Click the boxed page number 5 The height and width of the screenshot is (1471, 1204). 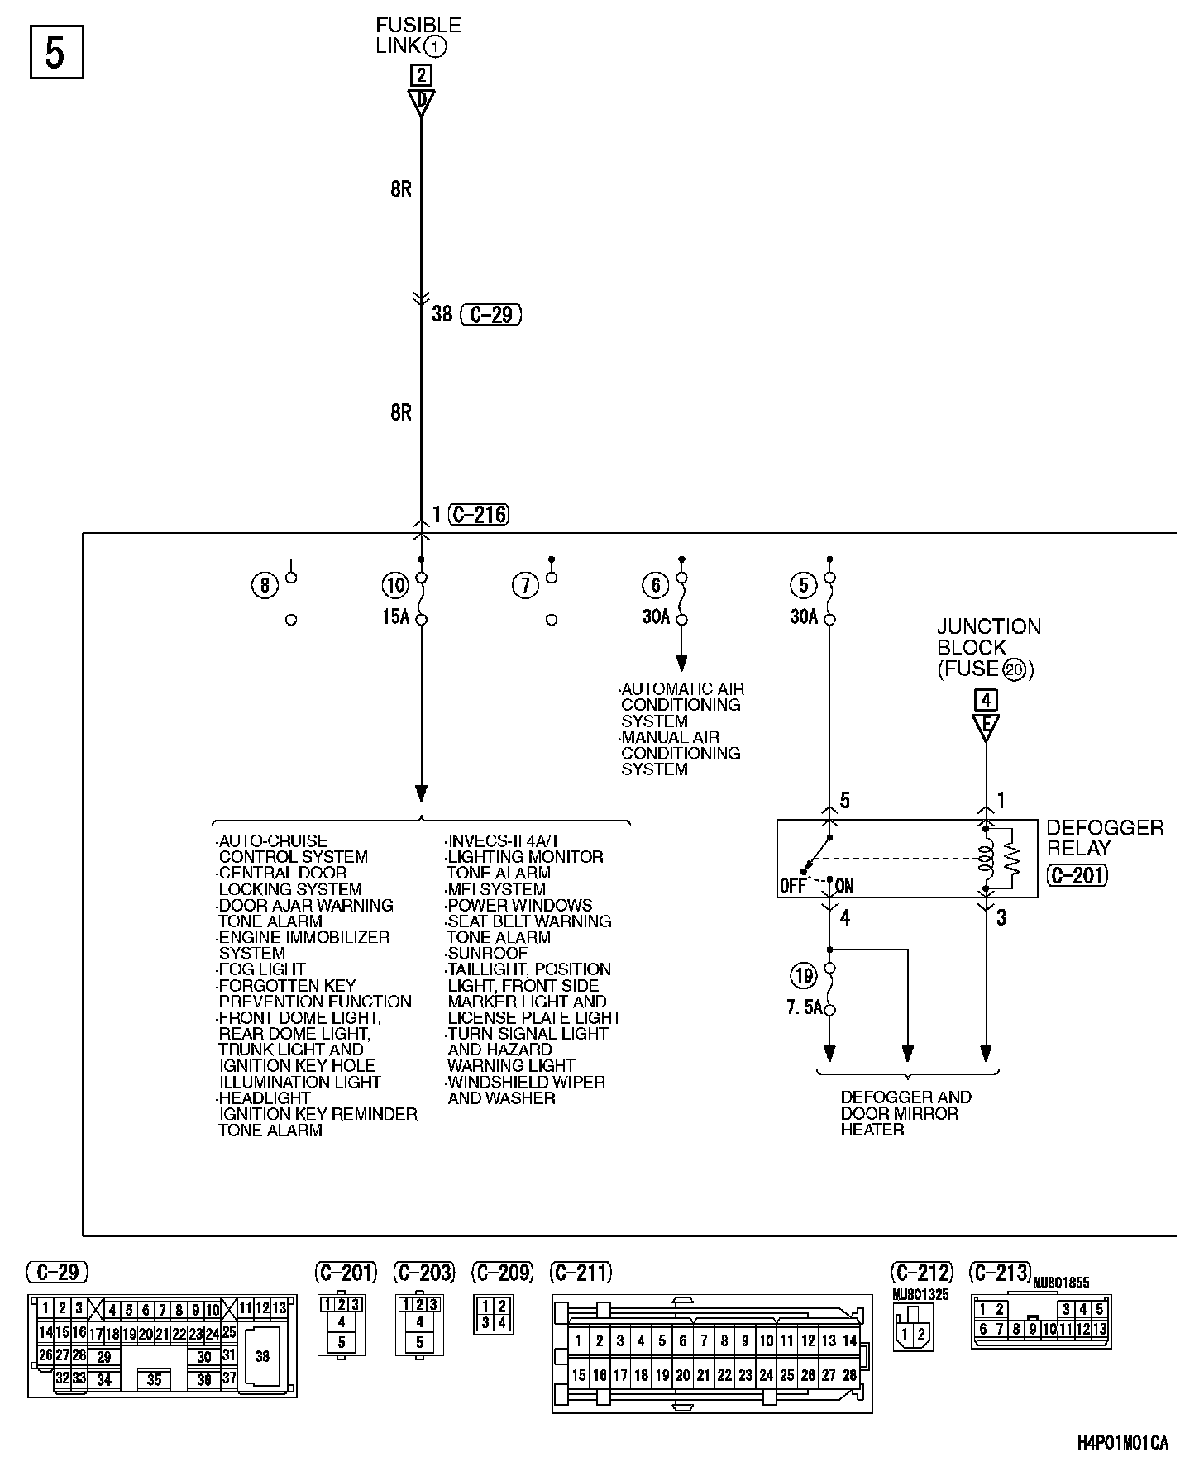(x=56, y=53)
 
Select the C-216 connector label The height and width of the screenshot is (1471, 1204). (x=479, y=515)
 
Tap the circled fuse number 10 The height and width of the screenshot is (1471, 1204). (x=395, y=586)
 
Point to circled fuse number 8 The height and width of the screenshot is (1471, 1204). (x=264, y=586)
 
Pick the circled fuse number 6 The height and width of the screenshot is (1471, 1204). (x=655, y=586)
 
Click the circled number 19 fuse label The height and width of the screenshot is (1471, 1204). (x=803, y=977)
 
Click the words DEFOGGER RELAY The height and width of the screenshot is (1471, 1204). (x=1104, y=837)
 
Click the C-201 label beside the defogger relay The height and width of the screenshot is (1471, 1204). (x=1077, y=875)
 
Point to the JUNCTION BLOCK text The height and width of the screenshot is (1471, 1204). (x=988, y=637)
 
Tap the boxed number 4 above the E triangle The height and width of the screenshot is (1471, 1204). (x=986, y=700)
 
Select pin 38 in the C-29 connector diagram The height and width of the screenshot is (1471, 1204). (x=262, y=1356)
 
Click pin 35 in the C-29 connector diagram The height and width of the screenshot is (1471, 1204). (x=154, y=1379)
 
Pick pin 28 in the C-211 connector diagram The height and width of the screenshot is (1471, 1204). (x=849, y=1375)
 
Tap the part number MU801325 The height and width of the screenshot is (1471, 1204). (x=920, y=1295)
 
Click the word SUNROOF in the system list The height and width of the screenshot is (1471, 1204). (x=487, y=953)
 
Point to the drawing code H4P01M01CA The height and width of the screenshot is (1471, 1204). (x=1123, y=1443)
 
